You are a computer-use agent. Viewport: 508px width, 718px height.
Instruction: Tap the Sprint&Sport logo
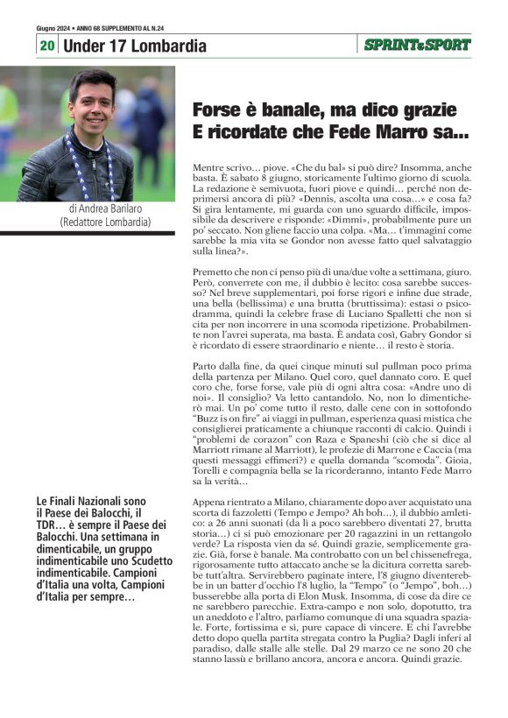point(417,45)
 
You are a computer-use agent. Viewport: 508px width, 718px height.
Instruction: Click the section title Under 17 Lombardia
point(136,46)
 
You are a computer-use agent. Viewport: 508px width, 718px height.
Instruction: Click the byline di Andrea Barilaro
point(105,209)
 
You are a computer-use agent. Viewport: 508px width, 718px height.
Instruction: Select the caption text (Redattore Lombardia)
point(105,222)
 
